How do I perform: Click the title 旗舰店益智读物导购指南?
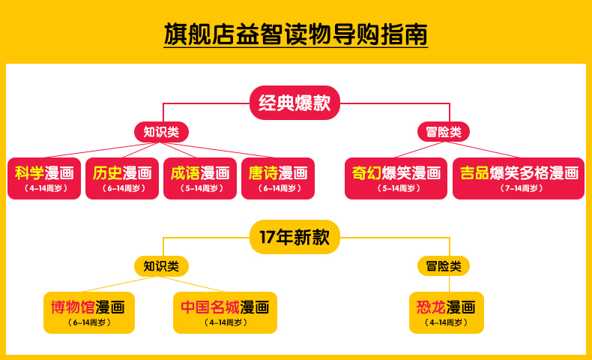295,35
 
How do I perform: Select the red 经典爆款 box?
295,103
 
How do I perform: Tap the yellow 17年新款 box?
295,238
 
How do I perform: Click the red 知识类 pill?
161,132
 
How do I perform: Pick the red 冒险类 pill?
444,132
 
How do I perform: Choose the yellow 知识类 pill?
161,265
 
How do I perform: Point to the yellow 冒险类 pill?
444,265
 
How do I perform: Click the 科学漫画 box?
44,178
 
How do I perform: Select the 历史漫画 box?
122,178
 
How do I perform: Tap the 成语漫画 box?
200,178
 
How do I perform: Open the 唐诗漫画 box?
278,178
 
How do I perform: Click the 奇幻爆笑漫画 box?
396,178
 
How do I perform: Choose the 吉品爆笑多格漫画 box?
519,178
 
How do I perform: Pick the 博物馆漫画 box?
88,312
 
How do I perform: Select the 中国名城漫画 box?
225,312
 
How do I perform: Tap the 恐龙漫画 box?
447,312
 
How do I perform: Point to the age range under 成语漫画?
200,188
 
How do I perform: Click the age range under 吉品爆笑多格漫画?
519,188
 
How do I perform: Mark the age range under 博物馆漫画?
88,322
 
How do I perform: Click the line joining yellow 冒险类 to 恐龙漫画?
448,283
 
